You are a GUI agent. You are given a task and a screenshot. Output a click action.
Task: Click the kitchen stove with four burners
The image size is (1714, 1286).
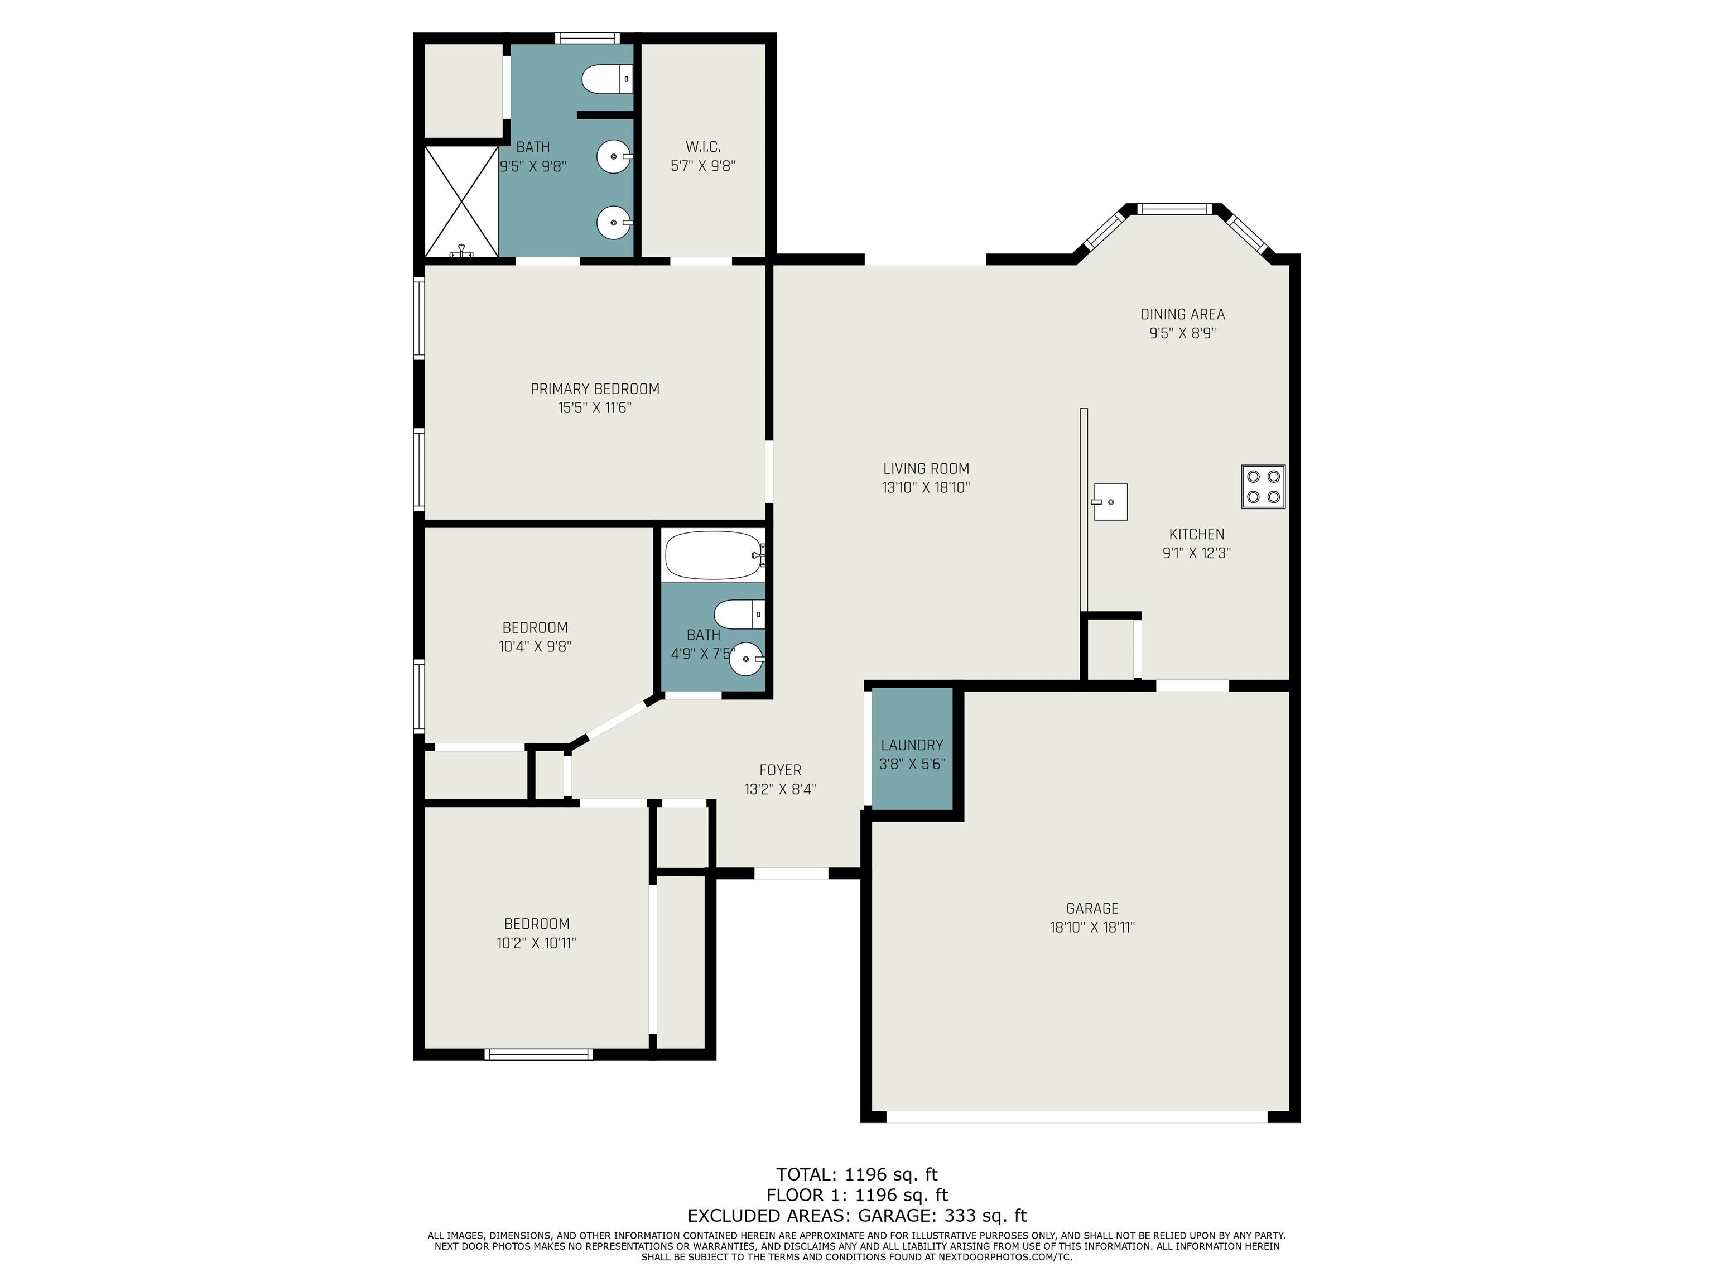(1263, 487)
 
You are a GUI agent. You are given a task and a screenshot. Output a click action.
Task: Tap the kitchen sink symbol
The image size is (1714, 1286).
(1110, 502)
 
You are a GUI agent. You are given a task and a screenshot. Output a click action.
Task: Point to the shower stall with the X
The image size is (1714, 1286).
(462, 201)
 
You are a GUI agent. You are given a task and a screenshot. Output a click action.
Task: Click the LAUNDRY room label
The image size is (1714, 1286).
(912, 745)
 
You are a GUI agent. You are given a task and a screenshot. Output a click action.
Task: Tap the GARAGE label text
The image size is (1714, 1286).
(1092, 908)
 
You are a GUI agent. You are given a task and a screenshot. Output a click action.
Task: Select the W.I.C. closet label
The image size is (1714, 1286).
(703, 146)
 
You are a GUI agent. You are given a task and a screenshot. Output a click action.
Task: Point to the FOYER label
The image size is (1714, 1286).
(781, 770)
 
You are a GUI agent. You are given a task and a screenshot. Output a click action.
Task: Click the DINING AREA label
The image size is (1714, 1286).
(1182, 314)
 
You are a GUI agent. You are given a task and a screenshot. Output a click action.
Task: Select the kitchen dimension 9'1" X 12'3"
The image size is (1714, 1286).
(1196, 553)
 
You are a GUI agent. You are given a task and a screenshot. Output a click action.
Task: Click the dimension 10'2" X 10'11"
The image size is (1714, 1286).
(536, 943)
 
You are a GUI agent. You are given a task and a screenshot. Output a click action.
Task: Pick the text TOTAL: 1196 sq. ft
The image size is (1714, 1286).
(857, 1174)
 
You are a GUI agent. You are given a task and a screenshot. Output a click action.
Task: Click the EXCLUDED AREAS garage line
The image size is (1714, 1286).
(857, 1216)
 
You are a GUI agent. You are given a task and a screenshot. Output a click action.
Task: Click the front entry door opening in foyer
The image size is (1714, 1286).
(791, 873)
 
